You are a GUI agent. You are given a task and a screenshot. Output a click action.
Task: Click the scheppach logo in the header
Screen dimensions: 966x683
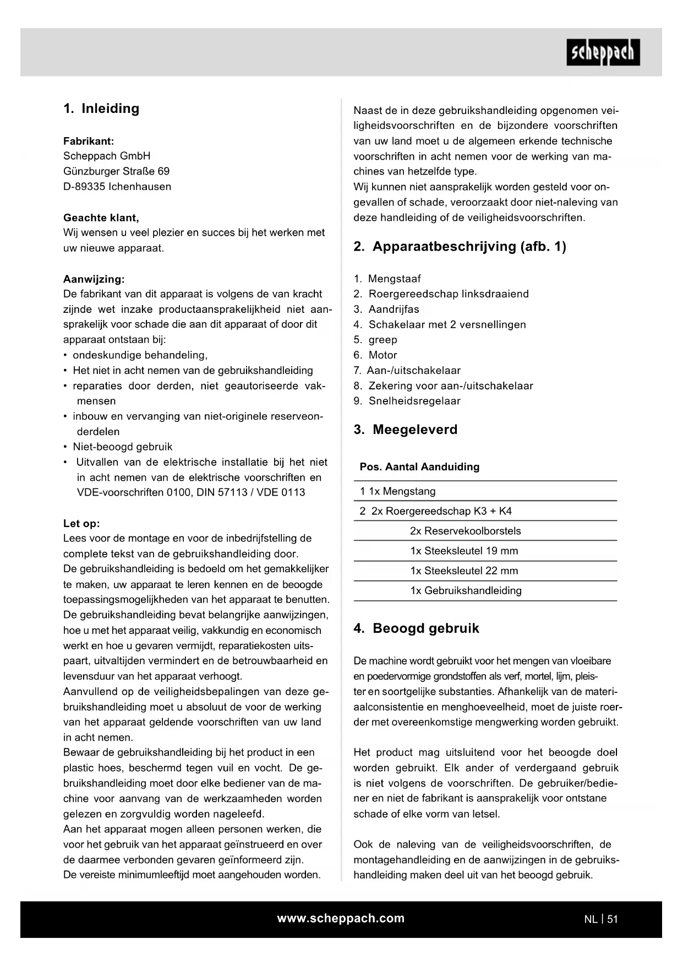pyautogui.click(x=603, y=52)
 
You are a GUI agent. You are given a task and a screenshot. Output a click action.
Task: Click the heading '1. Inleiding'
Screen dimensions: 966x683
pyautogui.click(x=101, y=108)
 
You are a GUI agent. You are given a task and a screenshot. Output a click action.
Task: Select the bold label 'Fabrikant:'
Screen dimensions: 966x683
pyautogui.click(x=89, y=141)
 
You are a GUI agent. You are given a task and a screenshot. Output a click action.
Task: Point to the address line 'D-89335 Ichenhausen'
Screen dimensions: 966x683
pyautogui.click(x=117, y=187)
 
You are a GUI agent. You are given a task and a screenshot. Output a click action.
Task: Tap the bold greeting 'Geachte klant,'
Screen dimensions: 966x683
pyautogui.click(x=101, y=218)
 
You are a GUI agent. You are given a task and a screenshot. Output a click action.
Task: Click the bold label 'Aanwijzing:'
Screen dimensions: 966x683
pyautogui.click(x=94, y=279)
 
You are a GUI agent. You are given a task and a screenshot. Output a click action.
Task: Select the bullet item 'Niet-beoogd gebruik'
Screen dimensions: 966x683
pyautogui.click(x=122, y=447)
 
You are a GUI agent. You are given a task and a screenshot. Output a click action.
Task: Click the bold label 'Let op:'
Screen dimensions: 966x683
pyautogui.click(x=81, y=523)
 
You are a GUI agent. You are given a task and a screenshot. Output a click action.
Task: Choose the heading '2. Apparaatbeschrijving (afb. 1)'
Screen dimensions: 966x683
pyautogui.click(x=460, y=246)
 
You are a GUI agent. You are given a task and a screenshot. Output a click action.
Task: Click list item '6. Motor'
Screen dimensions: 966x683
pyautogui.click(x=375, y=355)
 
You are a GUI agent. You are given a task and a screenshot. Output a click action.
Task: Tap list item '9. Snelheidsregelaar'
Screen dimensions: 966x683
pyautogui.click(x=407, y=401)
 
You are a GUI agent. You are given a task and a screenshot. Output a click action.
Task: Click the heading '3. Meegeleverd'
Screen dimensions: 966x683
pyautogui.click(x=405, y=430)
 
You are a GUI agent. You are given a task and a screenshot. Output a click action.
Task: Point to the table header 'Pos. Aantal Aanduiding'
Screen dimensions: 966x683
pyautogui.click(x=419, y=467)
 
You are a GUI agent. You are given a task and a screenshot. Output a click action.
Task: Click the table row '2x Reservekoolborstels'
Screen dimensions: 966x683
pyautogui.click(x=465, y=531)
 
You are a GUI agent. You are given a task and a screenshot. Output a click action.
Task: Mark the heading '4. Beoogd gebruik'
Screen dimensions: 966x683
pyautogui.click(x=416, y=628)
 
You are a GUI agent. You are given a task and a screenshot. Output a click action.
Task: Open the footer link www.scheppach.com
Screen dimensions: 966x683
pyautogui.click(x=341, y=918)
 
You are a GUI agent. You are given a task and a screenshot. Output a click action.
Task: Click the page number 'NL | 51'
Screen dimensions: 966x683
pyautogui.click(x=601, y=919)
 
